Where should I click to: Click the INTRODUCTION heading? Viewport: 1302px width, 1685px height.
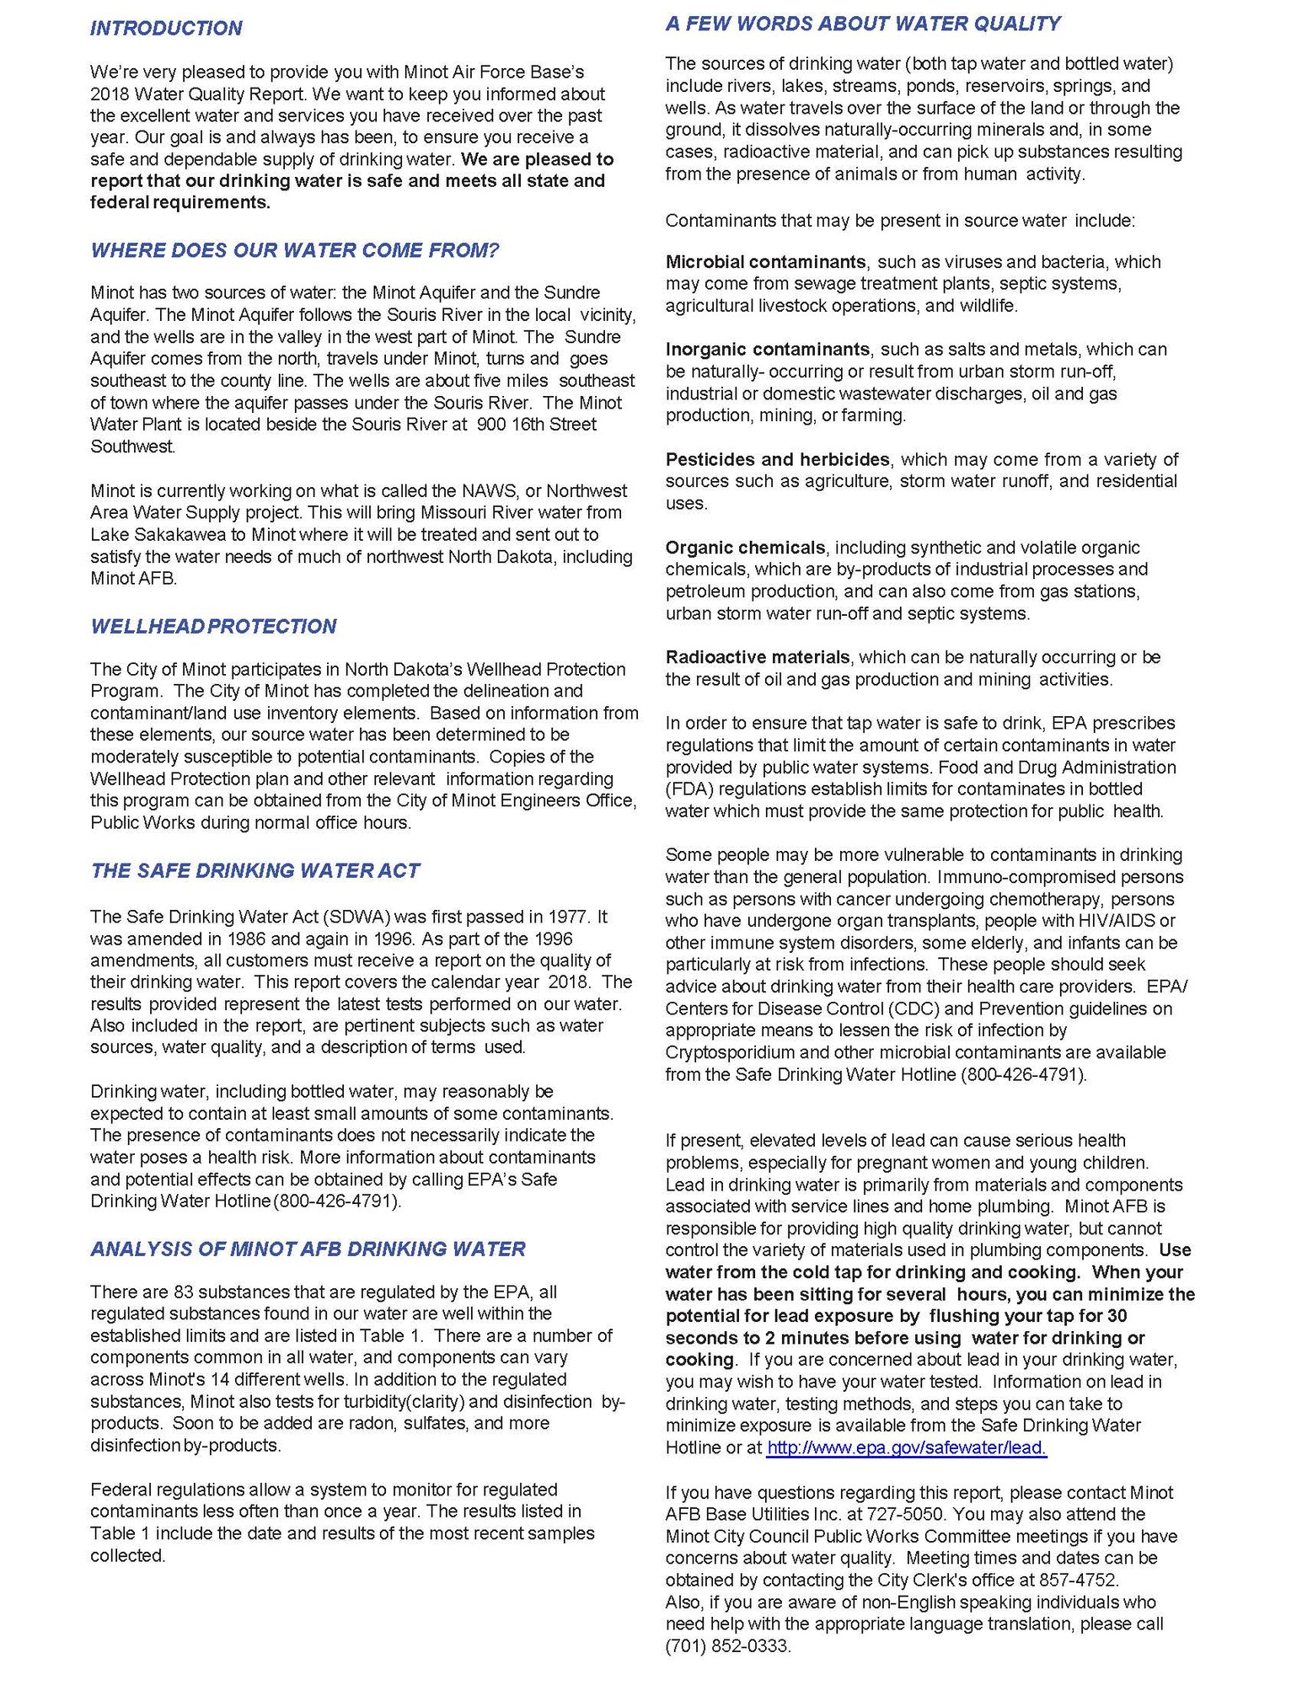pos(166,29)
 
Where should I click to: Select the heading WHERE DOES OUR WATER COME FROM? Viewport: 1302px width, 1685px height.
pos(295,250)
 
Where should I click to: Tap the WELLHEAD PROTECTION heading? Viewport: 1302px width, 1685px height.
pos(213,626)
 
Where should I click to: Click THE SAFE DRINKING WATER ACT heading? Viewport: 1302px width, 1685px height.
pos(255,870)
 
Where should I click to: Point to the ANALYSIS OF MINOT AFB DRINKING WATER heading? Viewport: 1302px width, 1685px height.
pos(308,1249)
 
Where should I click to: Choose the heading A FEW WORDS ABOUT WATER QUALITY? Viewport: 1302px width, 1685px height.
pos(862,24)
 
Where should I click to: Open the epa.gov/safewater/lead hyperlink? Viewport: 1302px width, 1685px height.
pos(906,1447)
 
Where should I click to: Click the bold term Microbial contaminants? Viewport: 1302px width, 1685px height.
pos(765,262)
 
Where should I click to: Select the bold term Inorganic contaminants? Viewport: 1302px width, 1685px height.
pos(767,350)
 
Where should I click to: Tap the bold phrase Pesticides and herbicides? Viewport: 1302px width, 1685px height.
pos(777,460)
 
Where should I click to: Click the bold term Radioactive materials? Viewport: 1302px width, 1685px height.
pos(757,657)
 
